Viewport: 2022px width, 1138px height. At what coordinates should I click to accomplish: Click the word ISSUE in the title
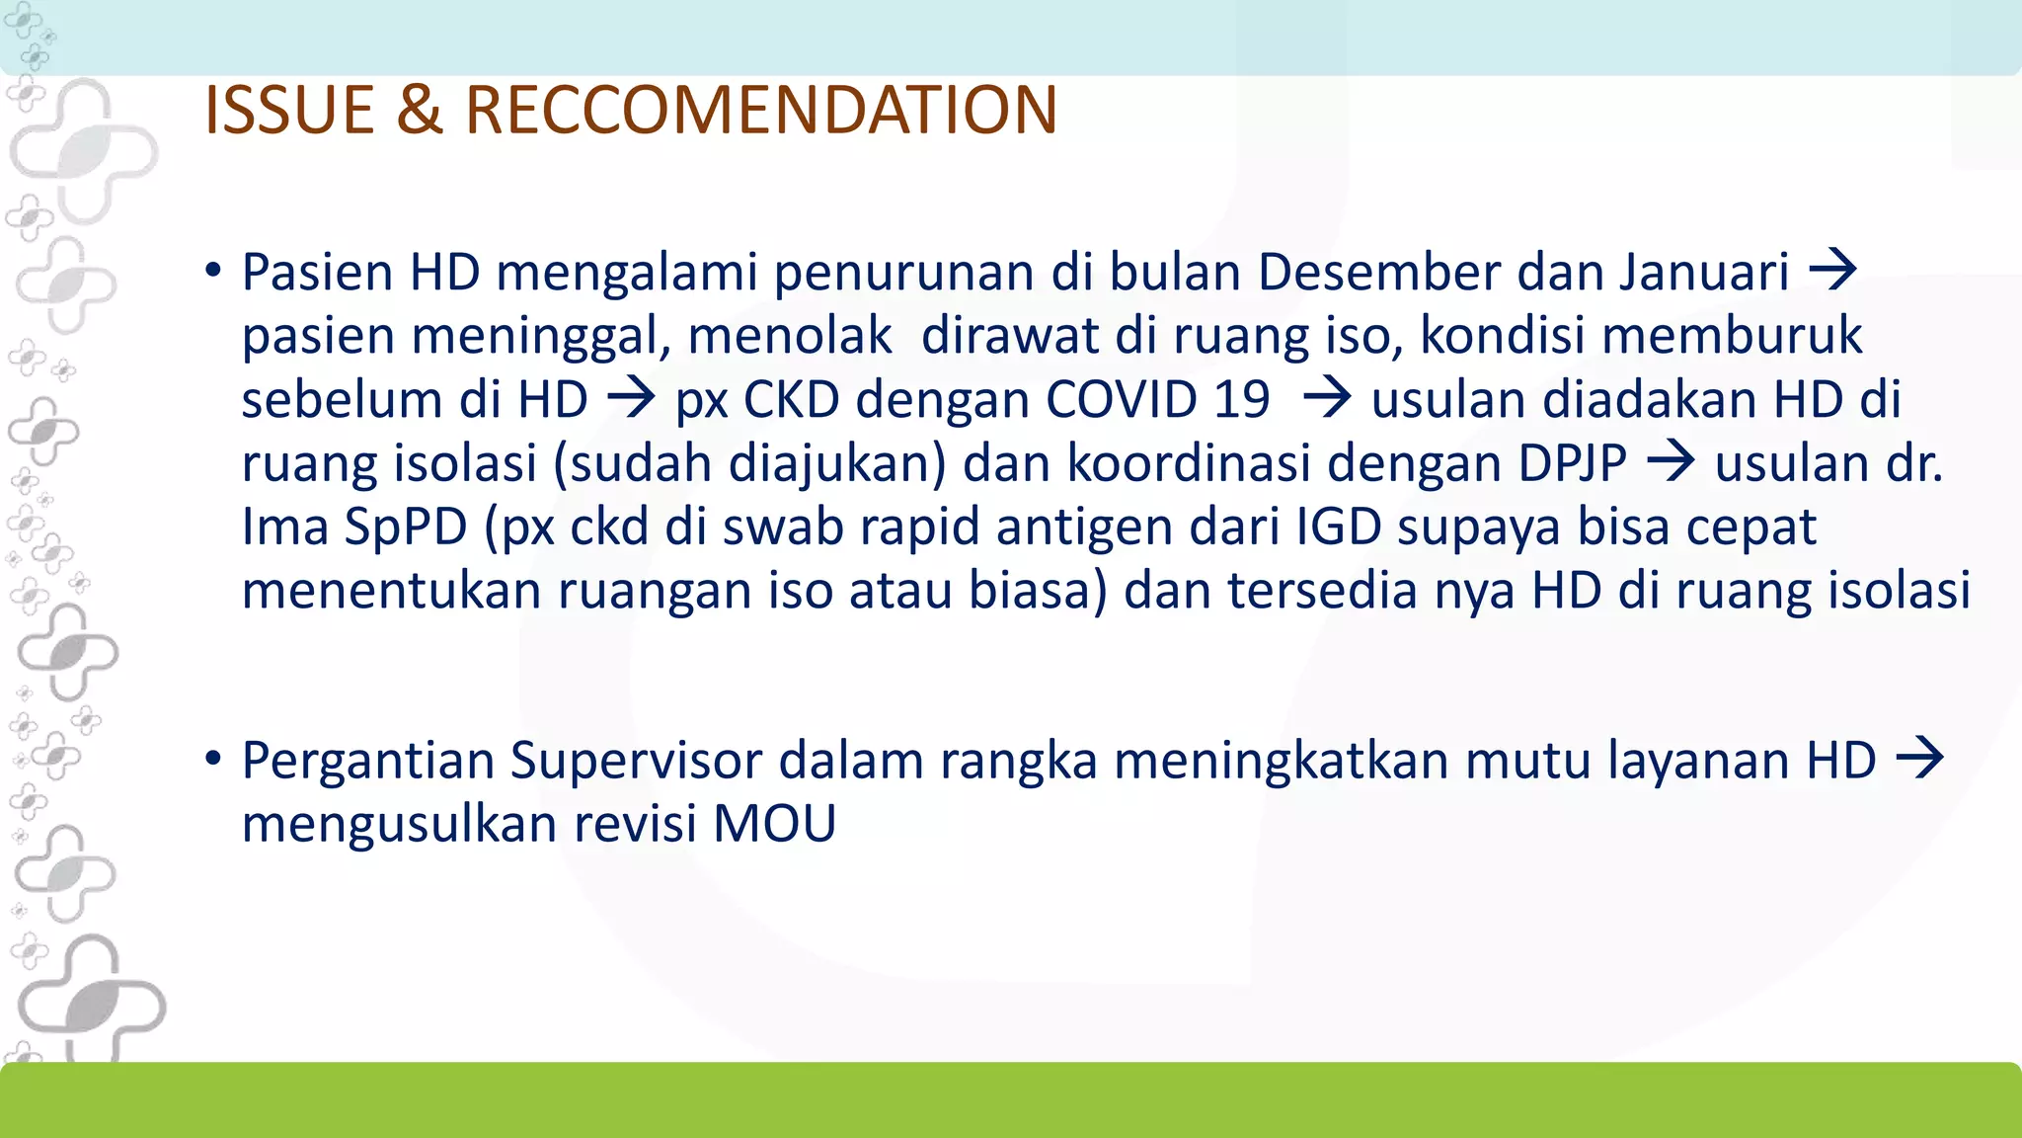288,110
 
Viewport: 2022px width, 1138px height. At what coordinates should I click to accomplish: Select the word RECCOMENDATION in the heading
761,110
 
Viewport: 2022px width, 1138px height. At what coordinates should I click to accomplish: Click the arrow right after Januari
1833,270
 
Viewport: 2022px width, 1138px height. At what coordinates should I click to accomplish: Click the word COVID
1122,399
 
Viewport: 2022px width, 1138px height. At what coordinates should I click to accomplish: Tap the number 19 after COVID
1241,399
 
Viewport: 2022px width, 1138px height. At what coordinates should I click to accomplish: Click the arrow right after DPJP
1672,461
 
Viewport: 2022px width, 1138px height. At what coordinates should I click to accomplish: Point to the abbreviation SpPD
406,527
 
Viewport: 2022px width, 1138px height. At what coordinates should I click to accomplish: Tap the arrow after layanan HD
1920,759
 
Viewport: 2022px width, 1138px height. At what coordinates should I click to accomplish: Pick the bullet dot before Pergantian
213,760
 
